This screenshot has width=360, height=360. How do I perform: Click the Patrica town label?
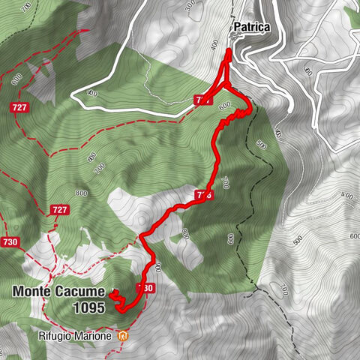(x=251, y=28)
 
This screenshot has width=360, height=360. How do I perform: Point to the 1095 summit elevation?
(x=89, y=307)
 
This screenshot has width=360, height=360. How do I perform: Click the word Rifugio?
(x=61, y=336)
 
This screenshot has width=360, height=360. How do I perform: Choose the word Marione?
(x=97, y=336)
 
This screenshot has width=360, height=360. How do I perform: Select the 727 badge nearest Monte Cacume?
(x=60, y=211)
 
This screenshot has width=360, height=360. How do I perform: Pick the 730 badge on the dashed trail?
(x=10, y=242)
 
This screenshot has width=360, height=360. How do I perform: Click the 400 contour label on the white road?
(x=93, y=93)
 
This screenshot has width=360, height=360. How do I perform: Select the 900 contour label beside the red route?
(x=157, y=267)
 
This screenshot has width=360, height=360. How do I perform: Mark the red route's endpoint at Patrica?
(x=229, y=50)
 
